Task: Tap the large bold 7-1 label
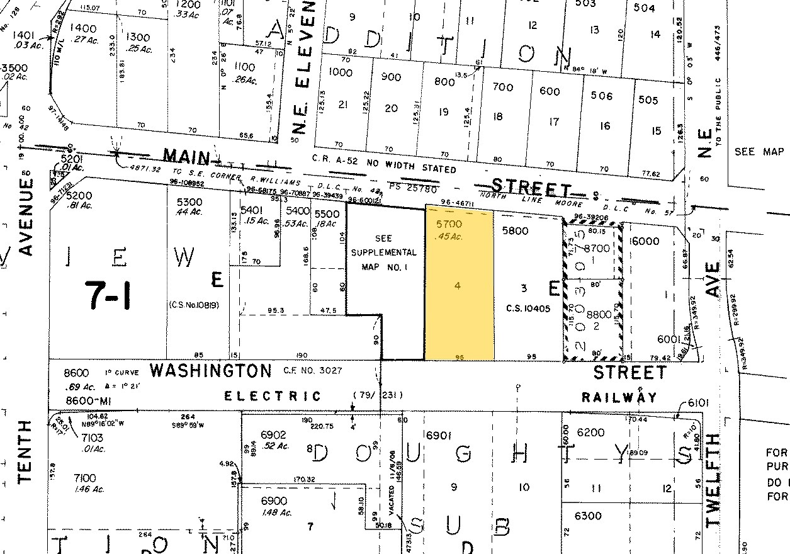(x=110, y=294)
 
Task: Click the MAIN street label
(x=187, y=155)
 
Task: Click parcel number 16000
(x=644, y=241)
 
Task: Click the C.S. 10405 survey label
(x=528, y=308)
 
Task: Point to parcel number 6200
(x=590, y=432)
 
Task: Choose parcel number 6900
(x=274, y=501)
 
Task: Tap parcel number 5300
(x=190, y=201)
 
